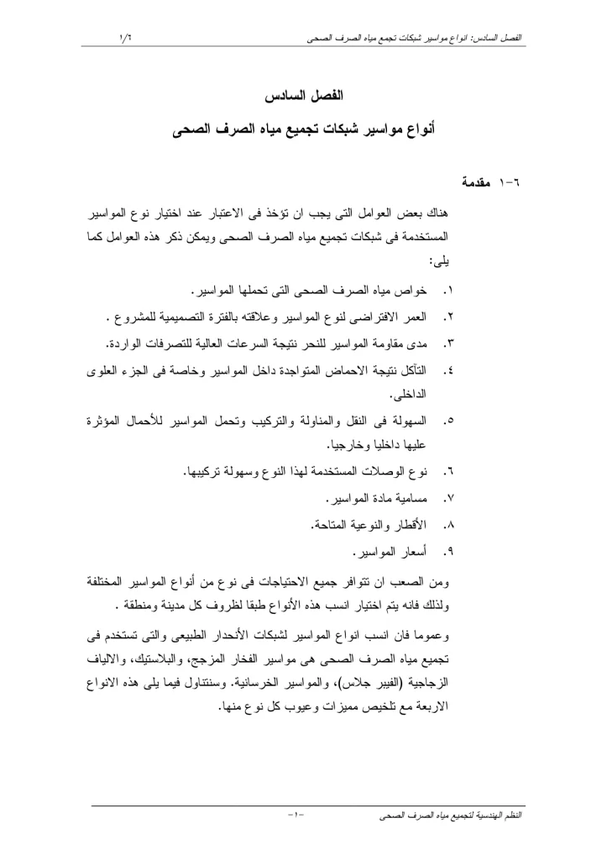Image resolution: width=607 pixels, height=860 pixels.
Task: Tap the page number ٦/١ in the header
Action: (x=126, y=36)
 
